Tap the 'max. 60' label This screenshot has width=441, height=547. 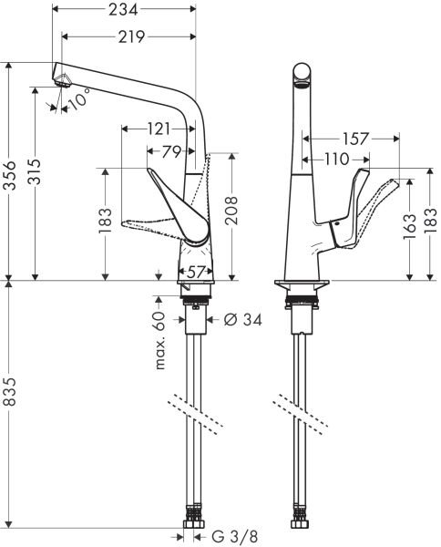pyautogui.click(x=159, y=340)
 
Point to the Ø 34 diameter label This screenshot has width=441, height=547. pyautogui.click(x=242, y=320)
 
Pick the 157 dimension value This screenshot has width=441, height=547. pyautogui.click(x=357, y=139)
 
